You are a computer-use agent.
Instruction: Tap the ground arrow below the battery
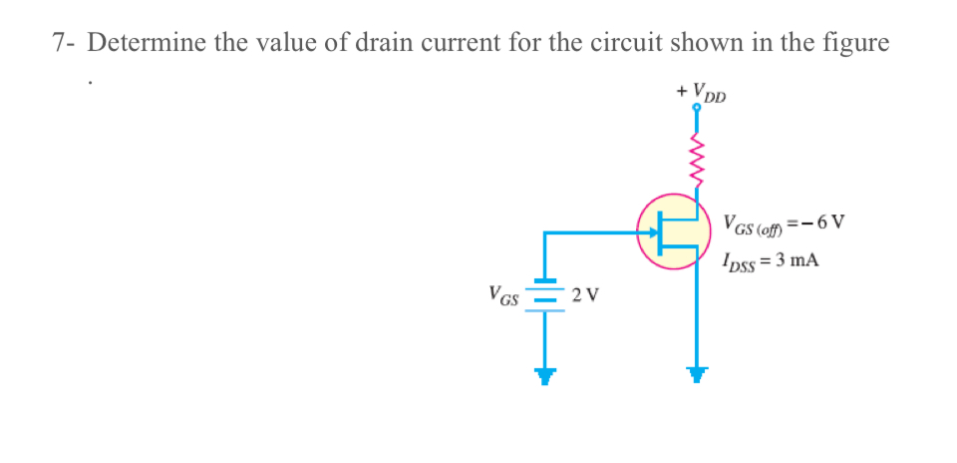[544, 375]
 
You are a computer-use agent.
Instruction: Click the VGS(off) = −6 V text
[784, 223]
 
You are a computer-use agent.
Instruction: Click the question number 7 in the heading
[62, 44]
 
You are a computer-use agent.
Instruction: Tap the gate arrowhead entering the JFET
[654, 233]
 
